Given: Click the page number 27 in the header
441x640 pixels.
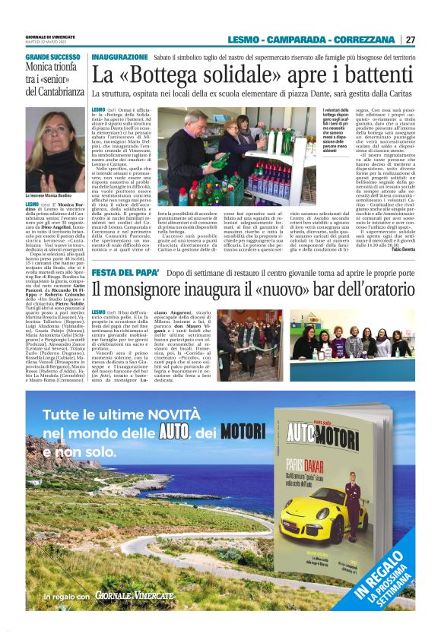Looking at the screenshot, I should [x=410, y=40].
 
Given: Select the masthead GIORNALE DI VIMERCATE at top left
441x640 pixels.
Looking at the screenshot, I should [x=52, y=36].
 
